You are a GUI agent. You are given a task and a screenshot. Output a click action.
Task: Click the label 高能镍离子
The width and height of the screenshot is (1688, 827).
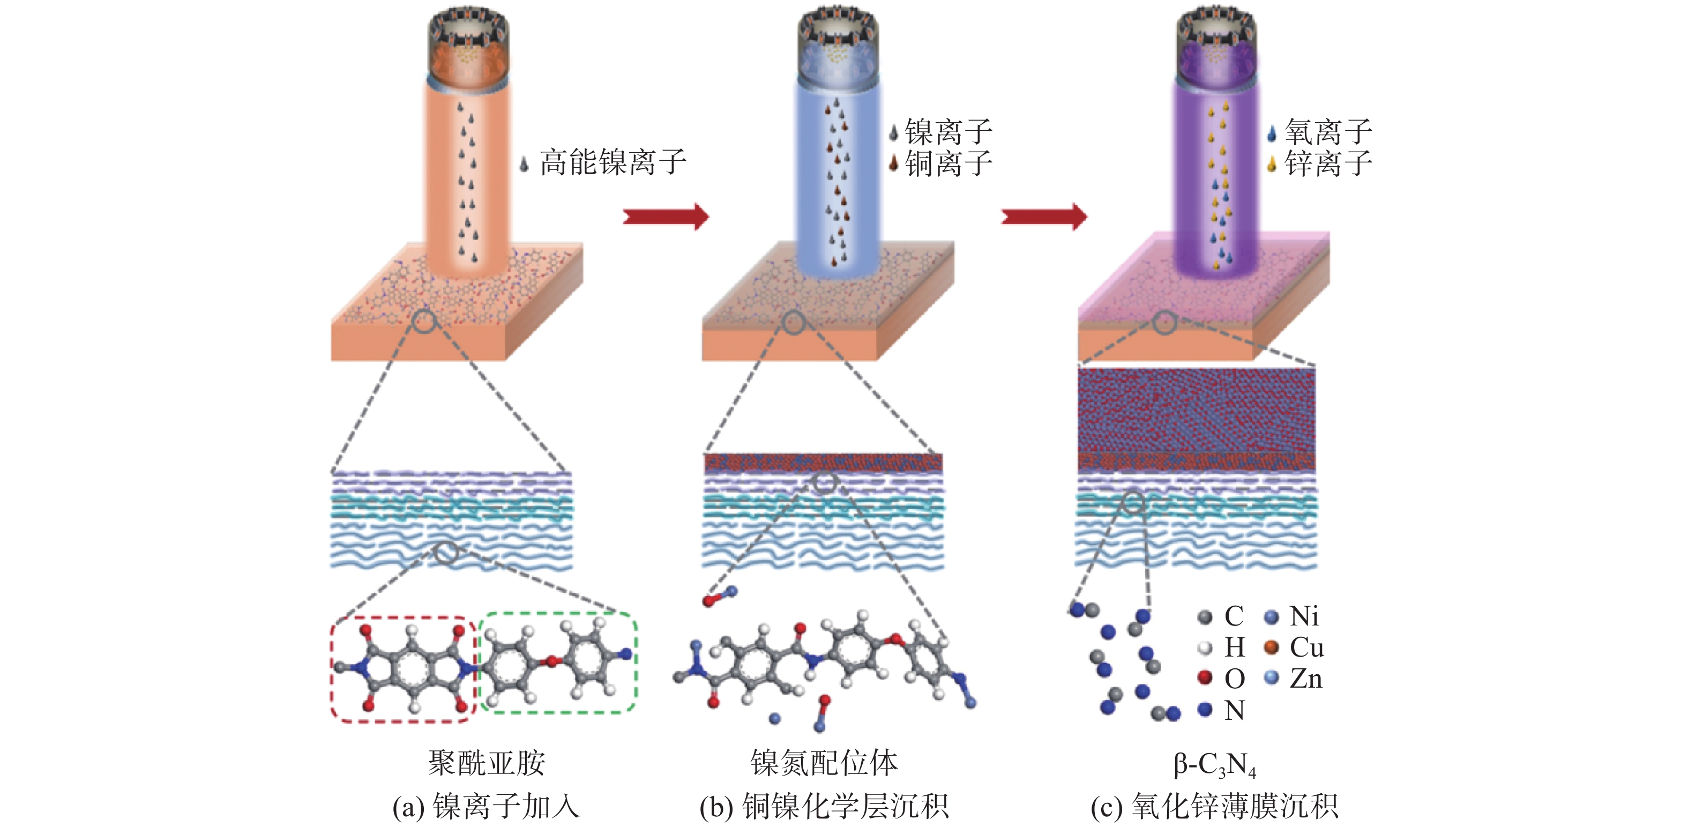[x=613, y=162]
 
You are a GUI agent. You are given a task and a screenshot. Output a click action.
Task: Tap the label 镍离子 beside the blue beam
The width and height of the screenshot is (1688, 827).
[x=948, y=132]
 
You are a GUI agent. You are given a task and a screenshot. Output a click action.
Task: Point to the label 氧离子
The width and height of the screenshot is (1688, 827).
[x=1328, y=132]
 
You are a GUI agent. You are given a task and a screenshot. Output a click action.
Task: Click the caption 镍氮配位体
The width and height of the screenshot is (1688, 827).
[x=824, y=763]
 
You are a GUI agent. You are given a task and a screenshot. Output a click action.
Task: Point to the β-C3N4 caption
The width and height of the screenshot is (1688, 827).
[x=1214, y=765]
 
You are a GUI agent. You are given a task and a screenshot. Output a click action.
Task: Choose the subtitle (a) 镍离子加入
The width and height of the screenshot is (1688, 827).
[x=486, y=806]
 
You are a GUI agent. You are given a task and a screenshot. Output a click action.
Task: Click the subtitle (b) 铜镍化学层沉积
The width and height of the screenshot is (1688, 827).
[x=824, y=806]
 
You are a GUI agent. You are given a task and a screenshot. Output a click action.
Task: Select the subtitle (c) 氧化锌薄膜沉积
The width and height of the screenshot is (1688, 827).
[x=1214, y=806]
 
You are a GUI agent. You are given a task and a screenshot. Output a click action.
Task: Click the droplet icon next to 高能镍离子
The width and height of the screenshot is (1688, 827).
[x=524, y=163]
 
